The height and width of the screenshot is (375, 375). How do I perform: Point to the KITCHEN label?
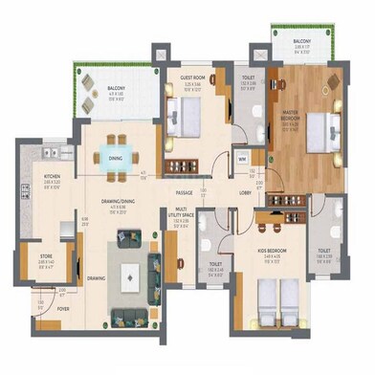(x=53, y=177)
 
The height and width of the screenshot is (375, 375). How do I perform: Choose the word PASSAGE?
(x=185, y=192)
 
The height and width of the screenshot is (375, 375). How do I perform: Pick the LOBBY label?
(x=245, y=192)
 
